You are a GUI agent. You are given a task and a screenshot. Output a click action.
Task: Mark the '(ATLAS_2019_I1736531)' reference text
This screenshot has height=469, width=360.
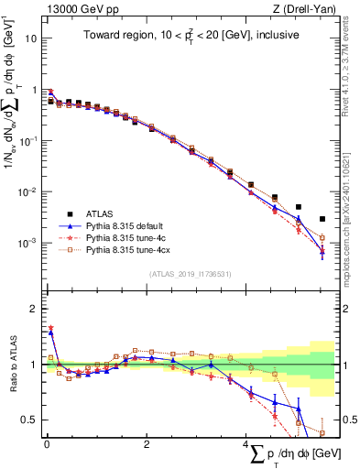190,274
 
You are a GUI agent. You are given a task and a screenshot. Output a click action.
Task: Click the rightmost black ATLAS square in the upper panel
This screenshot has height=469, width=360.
322,219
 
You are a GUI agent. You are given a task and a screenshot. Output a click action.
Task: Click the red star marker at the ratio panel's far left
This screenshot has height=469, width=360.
50,327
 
